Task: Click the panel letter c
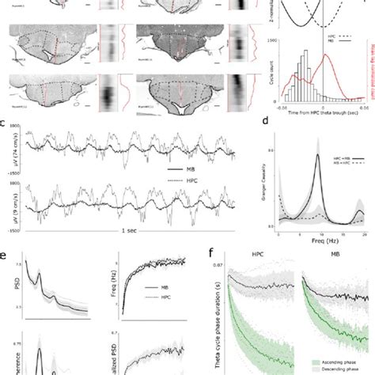click(4, 123)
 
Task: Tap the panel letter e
click(4, 256)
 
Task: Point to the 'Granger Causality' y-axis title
click(272, 180)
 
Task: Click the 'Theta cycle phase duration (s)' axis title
click(218, 316)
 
